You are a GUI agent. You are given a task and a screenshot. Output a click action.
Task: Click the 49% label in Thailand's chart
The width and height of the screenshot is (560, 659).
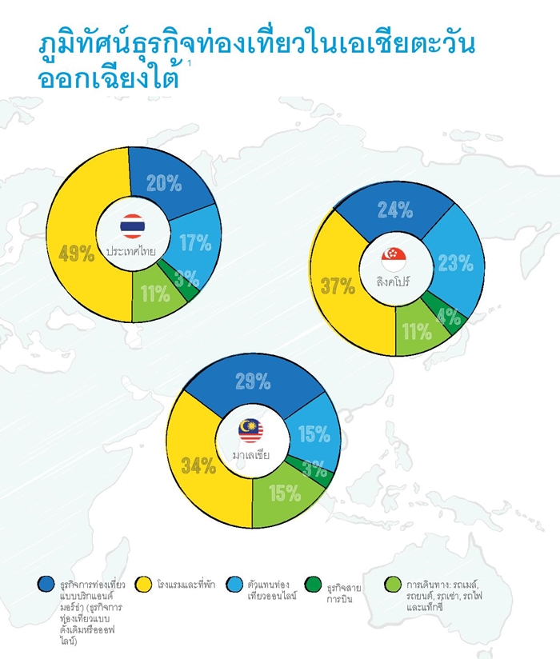[x=77, y=254]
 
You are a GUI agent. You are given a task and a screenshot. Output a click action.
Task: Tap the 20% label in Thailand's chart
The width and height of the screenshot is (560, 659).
[x=164, y=183]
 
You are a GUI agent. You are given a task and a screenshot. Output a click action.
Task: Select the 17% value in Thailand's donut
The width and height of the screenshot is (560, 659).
[x=195, y=242]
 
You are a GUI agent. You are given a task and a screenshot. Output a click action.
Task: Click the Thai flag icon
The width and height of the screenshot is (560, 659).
[x=133, y=226]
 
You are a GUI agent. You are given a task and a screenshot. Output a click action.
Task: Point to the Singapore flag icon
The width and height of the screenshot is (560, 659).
[x=394, y=259]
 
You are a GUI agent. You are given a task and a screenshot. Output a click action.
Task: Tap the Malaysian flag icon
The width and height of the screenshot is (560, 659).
[x=251, y=431]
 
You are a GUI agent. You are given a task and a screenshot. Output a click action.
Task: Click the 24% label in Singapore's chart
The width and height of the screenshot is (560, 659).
[x=394, y=210]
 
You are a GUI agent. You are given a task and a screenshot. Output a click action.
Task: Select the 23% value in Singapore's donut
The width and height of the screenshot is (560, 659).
[x=456, y=263]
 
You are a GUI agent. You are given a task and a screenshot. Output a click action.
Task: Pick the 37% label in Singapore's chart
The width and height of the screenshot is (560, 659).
[x=338, y=286]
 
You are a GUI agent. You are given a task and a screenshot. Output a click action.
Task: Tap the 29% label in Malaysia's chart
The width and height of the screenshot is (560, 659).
[x=253, y=381]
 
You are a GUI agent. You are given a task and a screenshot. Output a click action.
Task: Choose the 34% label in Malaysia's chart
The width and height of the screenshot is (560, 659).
[x=198, y=465]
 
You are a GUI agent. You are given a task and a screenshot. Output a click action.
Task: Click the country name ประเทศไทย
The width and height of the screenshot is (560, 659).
[x=130, y=251]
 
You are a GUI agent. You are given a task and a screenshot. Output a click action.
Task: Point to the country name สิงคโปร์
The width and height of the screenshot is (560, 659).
[x=393, y=282]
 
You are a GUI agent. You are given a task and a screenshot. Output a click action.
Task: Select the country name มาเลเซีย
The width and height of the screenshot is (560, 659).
[x=251, y=455]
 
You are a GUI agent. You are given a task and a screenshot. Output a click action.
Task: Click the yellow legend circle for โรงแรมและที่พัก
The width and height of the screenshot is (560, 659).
[x=143, y=584]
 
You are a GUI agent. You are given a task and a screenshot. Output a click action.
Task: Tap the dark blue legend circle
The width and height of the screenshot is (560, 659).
[x=46, y=584]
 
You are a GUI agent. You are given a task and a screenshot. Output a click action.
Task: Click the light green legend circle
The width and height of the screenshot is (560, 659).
[x=393, y=584]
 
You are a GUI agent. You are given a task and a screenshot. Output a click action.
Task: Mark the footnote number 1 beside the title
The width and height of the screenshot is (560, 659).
[x=190, y=63]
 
